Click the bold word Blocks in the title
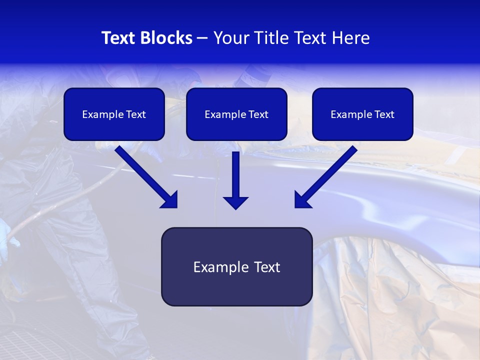[166, 38]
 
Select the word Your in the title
[230, 38]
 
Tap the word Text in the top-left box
[136, 114]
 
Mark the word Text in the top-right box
[384, 114]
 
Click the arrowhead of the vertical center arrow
[235, 202]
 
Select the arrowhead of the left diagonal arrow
[170, 200]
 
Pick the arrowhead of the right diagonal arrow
[301, 200]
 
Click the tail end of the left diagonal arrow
[120, 149]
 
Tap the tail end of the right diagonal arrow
[352, 149]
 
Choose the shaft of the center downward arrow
[235, 172]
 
